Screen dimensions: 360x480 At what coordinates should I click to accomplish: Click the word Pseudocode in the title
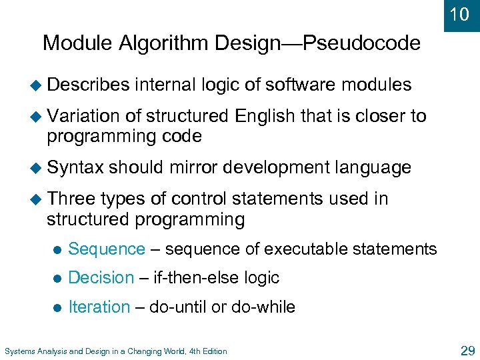361,44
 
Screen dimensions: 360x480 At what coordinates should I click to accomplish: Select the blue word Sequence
107,249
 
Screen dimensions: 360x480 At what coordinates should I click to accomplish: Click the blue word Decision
101,278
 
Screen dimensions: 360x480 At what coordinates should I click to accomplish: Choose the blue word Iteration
99,307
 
